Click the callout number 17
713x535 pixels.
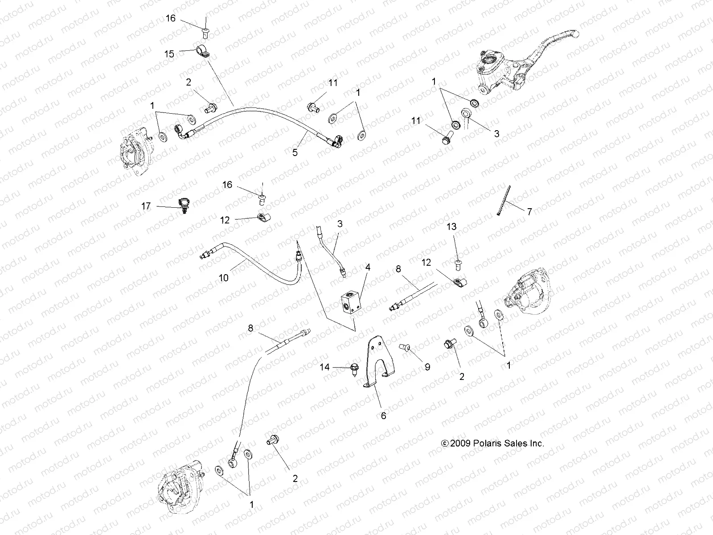pos(146,206)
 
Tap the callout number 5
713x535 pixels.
pos(295,152)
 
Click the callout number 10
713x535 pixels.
pos(224,278)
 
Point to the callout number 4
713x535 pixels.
pos(368,267)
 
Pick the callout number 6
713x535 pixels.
pos(383,416)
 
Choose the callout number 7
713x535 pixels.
pos(529,212)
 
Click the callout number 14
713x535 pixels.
pos(325,367)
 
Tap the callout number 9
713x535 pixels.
pos(427,367)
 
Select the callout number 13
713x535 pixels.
pos(451,226)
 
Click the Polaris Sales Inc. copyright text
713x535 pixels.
pos(492,443)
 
